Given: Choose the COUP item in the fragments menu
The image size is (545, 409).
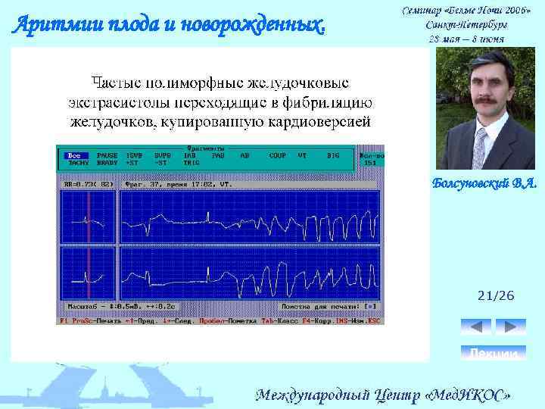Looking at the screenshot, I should (x=277, y=155).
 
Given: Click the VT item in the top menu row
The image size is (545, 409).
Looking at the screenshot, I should (x=303, y=155).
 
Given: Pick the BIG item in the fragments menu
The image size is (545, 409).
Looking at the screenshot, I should (x=333, y=155).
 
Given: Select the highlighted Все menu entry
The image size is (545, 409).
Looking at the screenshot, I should (x=74, y=155).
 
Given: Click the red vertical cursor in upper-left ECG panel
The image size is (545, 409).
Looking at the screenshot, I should (x=89, y=215).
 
